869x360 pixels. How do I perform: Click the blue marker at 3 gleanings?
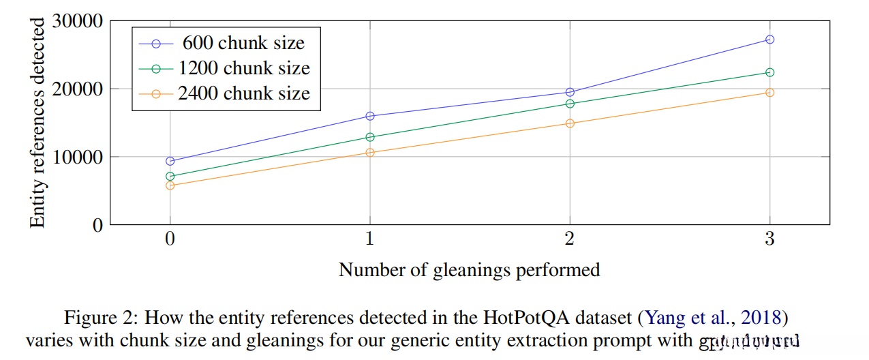point(769,40)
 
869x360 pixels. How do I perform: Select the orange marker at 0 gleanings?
point(170,185)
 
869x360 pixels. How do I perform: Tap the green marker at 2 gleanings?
point(570,104)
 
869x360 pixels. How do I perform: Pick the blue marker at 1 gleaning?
point(369,116)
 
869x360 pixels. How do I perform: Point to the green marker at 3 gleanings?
point(769,72)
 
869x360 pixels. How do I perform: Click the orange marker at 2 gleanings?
point(570,123)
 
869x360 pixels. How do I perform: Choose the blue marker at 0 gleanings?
point(170,162)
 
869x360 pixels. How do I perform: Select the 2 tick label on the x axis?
point(570,239)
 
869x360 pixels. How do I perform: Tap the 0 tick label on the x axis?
point(170,239)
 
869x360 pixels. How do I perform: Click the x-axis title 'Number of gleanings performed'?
point(469,270)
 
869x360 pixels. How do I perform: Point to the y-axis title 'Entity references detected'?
point(38,123)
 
